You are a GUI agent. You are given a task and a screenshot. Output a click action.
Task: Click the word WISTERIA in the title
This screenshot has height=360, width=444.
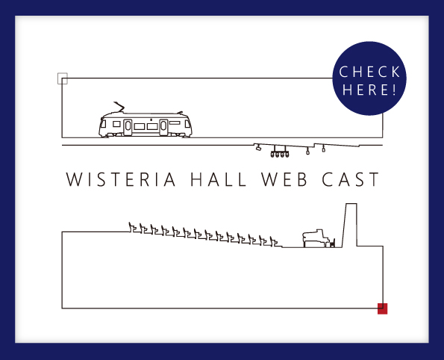pyautogui.click(x=121, y=179)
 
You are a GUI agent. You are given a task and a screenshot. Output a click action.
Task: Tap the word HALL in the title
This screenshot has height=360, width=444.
pyautogui.click(x=219, y=179)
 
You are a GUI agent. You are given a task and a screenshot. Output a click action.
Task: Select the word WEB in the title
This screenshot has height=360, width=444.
pyautogui.click(x=284, y=179)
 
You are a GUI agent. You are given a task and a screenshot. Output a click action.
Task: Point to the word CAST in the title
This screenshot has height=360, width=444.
pyautogui.click(x=351, y=179)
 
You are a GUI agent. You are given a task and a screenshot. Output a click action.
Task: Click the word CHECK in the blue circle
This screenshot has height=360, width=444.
pyautogui.click(x=369, y=72)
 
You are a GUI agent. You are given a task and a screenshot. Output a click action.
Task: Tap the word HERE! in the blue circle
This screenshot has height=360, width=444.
pyautogui.click(x=369, y=90)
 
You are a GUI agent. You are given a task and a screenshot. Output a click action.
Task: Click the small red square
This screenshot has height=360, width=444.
pyautogui.click(x=383, y=308)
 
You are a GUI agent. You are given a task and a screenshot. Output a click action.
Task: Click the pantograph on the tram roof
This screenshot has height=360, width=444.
pyautogui.click(x=119, y=107)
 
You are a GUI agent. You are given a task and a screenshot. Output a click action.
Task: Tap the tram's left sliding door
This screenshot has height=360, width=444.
pyautogui.click(x=128, y=127)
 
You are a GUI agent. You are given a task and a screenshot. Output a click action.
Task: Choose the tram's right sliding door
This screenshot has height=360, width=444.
pyautogui.click(x=163, y=127)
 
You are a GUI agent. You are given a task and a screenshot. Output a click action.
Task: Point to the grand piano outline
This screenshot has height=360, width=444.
pyautogui.click(x=316, y=238)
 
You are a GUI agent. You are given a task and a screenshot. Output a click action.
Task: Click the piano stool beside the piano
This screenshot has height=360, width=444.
pyautogui.click(x=332, y=243)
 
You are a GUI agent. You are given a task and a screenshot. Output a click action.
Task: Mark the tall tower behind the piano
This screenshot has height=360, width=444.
pyautogui.click(x=350, y=225)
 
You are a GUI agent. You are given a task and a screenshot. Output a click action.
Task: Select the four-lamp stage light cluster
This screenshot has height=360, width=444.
pyautogui.click(x=280, y=152)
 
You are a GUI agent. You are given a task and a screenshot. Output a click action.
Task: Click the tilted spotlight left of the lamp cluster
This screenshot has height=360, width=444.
pyautogui.click(x=257, y=147)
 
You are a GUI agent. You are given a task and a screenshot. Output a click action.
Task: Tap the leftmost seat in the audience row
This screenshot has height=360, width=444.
pyautogui.click(x=134, y=228)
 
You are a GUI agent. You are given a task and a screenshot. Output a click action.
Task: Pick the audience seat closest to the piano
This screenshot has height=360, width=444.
pyautogui.click(x=275, y=242)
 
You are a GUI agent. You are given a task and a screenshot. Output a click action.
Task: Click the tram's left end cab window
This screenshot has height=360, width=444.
pyautogui.click(x=104, y=124)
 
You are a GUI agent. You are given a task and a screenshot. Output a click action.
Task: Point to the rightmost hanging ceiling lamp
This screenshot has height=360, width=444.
pyautogui.click(x=324, y=148)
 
